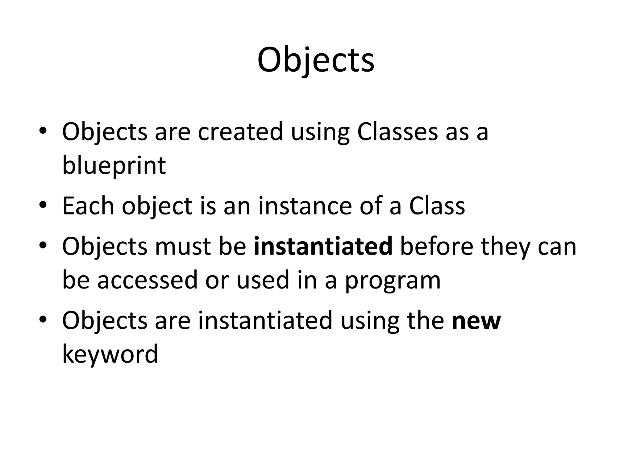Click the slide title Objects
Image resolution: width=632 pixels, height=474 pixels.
[x=316, y=60]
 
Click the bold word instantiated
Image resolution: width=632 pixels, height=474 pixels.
[x=323, y=247]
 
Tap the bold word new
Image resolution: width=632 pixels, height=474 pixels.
[x=476, y=321]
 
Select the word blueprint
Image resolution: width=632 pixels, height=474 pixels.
[x=114, y=165]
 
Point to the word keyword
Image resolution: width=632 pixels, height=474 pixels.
[x=110, y=354]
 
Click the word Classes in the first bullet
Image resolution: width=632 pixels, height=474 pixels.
[x=397, y=132]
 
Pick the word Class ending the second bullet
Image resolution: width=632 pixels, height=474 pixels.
[x=437, y=206]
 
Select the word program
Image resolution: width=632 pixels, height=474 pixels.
[x=393, y=280]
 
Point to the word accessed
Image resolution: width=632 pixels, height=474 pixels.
[x=147, y=280]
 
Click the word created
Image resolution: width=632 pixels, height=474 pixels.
[x=240, y=132]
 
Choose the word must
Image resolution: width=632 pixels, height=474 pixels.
[x=183, y=247]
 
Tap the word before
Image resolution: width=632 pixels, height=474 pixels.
[x=436, y=247]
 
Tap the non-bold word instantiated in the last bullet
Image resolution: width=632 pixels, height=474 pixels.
[x=265, y=321]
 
